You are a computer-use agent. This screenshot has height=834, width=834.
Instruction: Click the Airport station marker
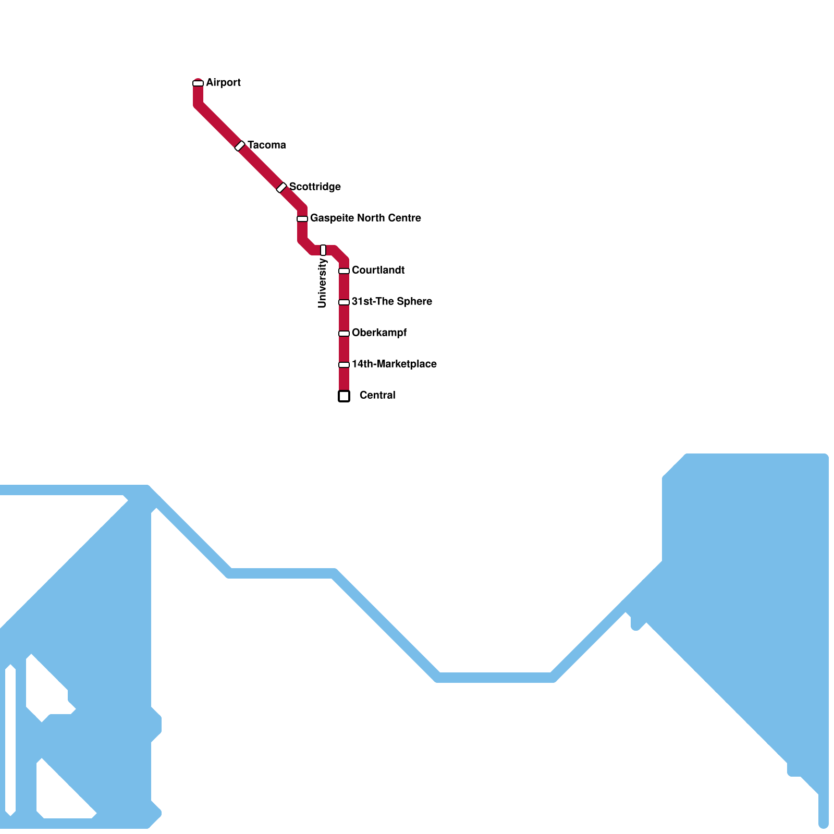pyautogui.click(x=198, y=83)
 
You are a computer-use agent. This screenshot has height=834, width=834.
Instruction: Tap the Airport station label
pyautogui.click(x=223, y=83)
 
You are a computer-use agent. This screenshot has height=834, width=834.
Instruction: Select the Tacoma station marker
pyautogui.click(x=240, y=146)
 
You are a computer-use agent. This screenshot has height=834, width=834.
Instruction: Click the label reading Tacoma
pyautogui.click(x=266, y=145)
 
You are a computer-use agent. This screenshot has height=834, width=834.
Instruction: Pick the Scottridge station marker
pyautogui.click(x=281, y=188)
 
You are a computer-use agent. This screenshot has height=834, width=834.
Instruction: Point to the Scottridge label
pyautogui.click(x=315, y=187)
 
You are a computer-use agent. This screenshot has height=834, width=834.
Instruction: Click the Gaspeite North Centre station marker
pyautogui.click(x=302, y=219)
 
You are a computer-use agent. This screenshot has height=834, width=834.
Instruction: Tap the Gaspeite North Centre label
pyautogui.click(x=365, y=218)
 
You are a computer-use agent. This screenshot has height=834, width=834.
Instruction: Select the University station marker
pyautogui.click(x=323, y=250)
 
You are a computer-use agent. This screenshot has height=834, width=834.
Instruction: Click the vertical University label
pyautogui.click(x=322, y=284)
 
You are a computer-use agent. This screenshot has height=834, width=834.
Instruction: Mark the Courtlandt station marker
pyautogui.click(x=344, y=271)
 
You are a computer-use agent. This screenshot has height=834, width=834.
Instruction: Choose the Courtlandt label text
pyautogui.click(x=378, y=271)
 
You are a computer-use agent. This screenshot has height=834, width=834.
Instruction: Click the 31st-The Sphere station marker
pyautogui.click(x=344, y=302)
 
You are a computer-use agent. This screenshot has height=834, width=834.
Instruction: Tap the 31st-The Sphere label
pyautogui.click(x=391, y=302)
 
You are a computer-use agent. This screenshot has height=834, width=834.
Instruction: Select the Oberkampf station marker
pyautogui.click(x=344, y=334)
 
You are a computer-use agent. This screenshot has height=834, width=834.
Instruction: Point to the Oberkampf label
pyautogui.click(x=379, y=333)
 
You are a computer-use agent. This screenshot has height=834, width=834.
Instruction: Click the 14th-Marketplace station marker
pyautogui.click(x=344, y=365)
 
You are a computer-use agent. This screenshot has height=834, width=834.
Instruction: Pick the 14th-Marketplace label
pyautogui.click(x=394, y=364)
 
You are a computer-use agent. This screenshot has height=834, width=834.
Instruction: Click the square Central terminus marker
pyautogui.click(x=344, y=396)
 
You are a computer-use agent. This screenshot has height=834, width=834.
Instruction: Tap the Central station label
pyautogui.click(x=377, y=396)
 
